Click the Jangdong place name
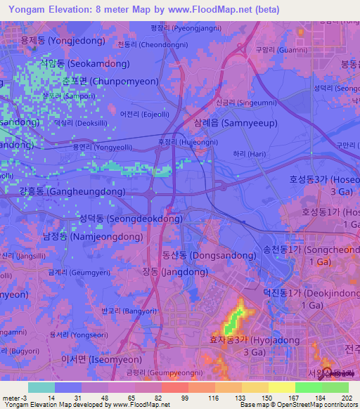pos(172,271)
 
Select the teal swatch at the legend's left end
pos(41,387)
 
